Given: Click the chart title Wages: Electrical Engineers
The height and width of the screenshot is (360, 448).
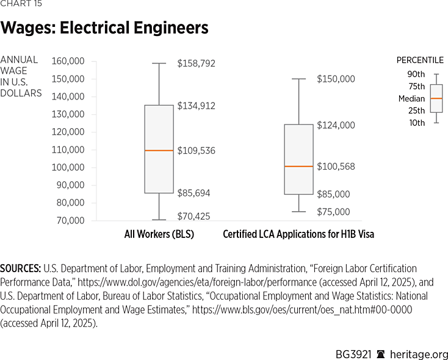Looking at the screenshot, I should pos(104,28).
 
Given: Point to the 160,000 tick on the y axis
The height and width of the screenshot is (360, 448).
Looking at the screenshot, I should pos(68,61).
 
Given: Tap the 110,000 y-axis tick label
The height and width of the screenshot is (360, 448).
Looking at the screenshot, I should pos(68,149).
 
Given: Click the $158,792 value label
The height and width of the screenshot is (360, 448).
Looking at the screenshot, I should pos(196,63).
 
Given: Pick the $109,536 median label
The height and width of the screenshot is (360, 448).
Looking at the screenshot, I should pos(196,150).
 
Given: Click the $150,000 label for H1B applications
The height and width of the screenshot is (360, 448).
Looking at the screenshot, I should pos(335,79).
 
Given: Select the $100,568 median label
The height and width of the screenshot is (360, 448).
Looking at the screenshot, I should pos(335,166).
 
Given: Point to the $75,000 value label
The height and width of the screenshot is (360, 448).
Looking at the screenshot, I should pos(333,212).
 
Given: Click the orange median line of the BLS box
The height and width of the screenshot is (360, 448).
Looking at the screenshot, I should pos(159,150).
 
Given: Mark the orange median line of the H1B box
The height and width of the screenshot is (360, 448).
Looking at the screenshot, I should pos(298,166).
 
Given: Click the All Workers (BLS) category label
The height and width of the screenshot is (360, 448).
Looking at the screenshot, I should pos(159,234).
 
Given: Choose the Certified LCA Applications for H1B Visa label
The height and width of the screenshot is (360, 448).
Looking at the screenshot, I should pos(298,234).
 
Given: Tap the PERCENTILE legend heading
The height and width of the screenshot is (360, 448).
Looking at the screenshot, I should pos(421,60).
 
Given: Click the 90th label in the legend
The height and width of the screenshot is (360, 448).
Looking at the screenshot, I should pos(416,74).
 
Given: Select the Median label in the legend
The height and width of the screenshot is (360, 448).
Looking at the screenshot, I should pos(411,98).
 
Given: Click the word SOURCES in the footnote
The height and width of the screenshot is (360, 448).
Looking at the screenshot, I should pos(20,268).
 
